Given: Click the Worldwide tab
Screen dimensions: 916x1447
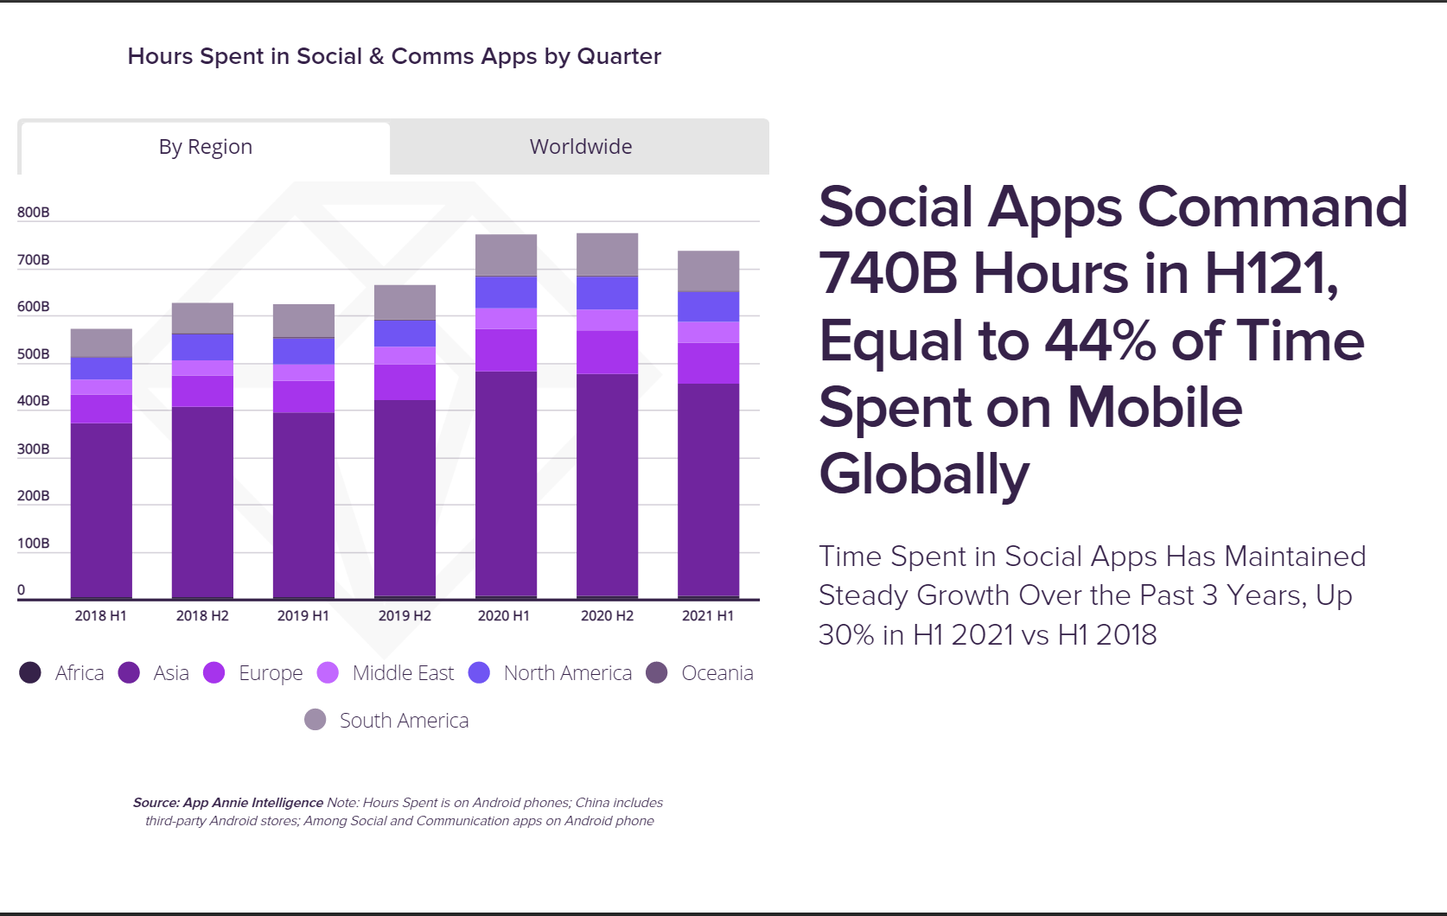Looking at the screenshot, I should click(x=580, y=147).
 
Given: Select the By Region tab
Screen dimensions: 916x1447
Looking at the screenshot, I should click(x=206, y=147).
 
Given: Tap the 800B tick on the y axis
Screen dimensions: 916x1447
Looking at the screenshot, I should click(x=34, y=213).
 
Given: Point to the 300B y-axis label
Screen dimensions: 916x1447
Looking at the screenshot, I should click(x=34, y=449).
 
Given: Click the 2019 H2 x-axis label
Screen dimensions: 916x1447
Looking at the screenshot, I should click(x=405, y=616).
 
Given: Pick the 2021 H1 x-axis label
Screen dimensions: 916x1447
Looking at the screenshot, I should click(x=708, y=616).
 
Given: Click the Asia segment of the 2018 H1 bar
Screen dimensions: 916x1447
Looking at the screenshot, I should click(x=101, y=510).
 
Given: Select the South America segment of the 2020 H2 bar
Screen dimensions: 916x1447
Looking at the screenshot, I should click(x=607, y=254).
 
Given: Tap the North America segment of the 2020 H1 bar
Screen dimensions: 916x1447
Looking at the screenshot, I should click(x=506, y=292).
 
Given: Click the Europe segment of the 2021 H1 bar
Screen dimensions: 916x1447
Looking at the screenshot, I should click(x=708, y=363).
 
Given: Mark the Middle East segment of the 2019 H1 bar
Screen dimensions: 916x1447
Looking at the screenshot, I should click(x=303, y=372).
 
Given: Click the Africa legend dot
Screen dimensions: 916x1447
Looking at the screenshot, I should click(x=30, y=673).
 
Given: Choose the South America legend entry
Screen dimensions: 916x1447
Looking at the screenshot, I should click(x=404, y=721).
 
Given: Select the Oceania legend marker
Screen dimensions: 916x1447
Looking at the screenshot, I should click(x=657, y=673).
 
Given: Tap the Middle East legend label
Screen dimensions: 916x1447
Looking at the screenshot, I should click(x=403, y=673).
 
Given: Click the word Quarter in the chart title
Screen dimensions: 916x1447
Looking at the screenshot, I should click(x=619, y=56).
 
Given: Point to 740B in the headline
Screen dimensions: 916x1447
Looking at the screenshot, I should click(x=889, y=274).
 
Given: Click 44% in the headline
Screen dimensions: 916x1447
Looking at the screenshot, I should click(x=1100, y=340).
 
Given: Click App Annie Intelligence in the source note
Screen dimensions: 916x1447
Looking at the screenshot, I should click(x=252, y=803).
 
